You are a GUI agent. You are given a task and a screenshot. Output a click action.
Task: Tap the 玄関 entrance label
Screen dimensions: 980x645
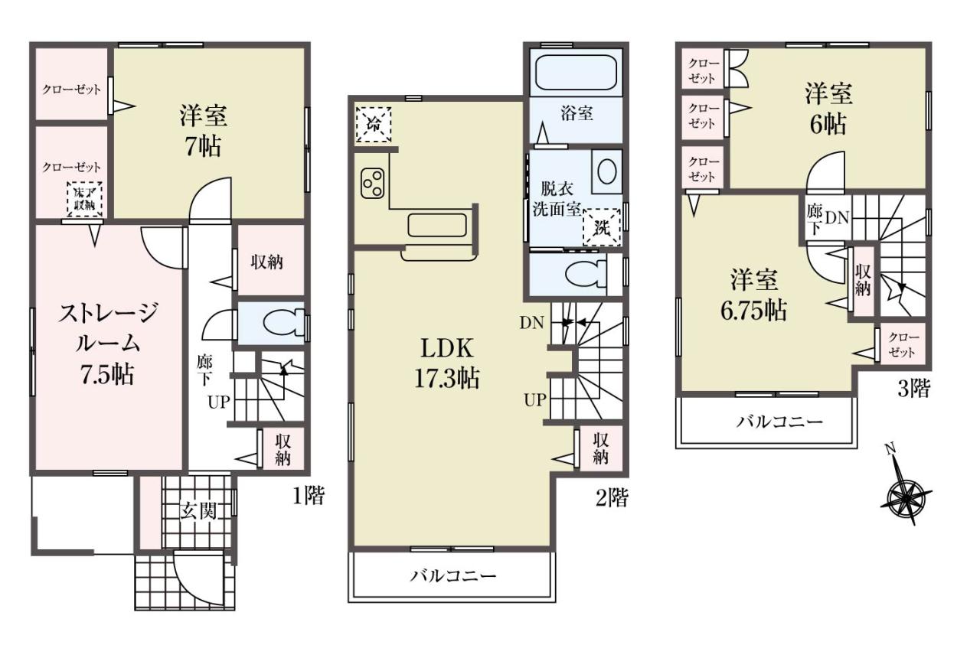198,510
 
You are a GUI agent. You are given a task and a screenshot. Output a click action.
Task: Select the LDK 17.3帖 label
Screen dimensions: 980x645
446,363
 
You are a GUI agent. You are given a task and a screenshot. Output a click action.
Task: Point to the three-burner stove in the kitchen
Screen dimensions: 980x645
372,184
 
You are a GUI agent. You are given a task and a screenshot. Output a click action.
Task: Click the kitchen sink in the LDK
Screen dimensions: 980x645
437,225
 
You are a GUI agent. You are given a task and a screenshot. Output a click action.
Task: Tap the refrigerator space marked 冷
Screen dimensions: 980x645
373,125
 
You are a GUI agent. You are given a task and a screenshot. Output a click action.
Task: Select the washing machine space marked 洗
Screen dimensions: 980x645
602,227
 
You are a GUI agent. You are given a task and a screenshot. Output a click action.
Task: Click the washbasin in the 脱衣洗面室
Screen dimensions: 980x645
607,171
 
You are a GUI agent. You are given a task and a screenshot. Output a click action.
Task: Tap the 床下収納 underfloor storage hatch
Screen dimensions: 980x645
84,199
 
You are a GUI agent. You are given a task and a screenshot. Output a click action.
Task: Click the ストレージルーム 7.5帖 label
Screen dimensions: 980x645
107,344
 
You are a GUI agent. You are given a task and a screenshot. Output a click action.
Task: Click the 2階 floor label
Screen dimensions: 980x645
612,497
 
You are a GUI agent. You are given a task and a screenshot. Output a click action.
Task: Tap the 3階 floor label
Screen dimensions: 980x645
914,388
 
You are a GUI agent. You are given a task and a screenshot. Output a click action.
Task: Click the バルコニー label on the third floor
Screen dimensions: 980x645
779,422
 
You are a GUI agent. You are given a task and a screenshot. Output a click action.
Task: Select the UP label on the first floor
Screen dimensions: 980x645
219,402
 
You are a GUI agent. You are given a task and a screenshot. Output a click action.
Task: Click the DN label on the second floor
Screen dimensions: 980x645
531,323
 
